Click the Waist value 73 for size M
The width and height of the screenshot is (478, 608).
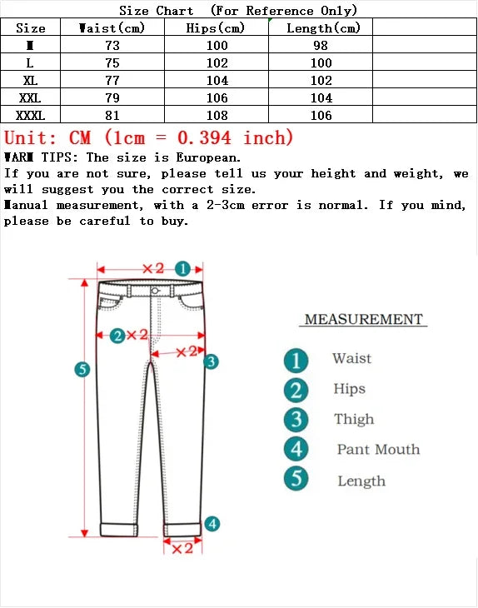tap(112, 45)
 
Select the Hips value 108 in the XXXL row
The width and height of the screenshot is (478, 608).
tap(217, 115)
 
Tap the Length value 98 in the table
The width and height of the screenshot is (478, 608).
tap(321, 45)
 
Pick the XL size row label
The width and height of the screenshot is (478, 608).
tap(31, 80)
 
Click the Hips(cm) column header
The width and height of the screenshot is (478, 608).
tap(217, 27)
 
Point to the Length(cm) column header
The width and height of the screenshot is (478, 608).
tap(323, 27)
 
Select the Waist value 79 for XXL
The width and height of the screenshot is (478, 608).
tap(112, 97)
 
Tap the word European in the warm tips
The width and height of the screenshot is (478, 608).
tap(207, 157)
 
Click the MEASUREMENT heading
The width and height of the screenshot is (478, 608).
tap(364, 319)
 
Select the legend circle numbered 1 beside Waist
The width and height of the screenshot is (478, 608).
tap(296, 360)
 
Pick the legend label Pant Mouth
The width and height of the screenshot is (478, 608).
tap(378, 450)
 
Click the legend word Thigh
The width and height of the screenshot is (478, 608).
tap(354, 420)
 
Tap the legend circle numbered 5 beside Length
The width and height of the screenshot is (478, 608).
tap(296, 480)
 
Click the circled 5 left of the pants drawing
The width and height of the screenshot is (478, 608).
tap(82, 369)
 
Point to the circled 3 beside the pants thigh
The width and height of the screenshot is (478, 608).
tap(212, 361)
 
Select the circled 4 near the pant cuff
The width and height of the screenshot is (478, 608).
tap(212, 524)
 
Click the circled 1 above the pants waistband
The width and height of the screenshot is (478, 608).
tap(184, 268)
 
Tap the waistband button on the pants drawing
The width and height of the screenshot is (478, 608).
tap(156, 290)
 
